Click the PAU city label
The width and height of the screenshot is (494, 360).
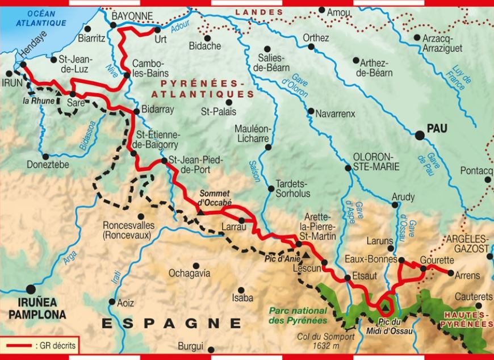click(x=438, y=129)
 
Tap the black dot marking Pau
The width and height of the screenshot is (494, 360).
click(x=420, y=135)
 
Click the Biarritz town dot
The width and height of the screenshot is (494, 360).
click(x=87, y=28)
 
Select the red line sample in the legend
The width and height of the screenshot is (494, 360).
click(x=16, y=345)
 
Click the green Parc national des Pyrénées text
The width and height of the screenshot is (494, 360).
click(x=298, y=315)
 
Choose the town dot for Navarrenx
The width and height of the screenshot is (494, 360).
click(x=311, y=111)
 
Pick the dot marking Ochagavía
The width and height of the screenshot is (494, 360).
click(x=195, y=265)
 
